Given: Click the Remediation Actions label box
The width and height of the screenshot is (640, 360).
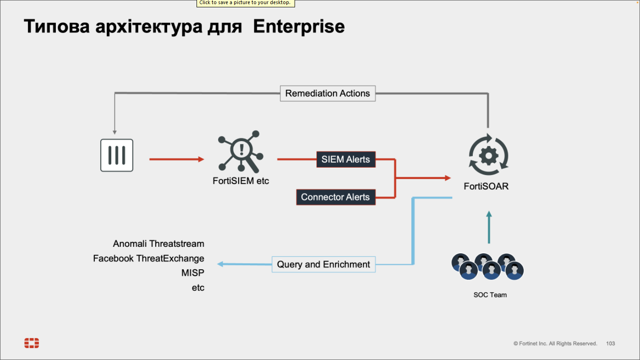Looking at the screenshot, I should click(328, 93).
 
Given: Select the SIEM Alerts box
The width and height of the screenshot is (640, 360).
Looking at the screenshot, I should click(346, 159).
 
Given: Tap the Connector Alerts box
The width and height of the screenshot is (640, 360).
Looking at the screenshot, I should click(335, 197).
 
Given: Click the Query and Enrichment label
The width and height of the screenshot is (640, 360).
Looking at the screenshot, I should click(323, 264).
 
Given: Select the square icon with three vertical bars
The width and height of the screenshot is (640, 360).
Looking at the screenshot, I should click(117, 155).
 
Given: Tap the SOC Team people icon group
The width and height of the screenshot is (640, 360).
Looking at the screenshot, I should click(487, 267).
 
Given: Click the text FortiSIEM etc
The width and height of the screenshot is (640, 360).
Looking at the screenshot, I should click(241, 181).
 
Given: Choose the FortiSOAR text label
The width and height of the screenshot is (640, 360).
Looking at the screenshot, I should click(486, 186).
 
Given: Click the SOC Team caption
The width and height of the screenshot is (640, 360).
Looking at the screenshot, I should click(490, 295).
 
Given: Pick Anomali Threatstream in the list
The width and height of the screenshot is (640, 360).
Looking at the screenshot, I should click(159, 244).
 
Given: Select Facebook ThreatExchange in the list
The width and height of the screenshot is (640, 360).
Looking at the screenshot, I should click(148, 258).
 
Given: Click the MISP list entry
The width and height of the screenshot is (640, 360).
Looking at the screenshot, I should click(192, 273).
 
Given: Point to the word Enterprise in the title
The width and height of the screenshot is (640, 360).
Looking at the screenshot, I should click(299, 27).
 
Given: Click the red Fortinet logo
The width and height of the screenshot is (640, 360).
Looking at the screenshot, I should click(32, 343).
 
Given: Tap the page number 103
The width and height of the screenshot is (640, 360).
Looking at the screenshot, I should click(610, 344).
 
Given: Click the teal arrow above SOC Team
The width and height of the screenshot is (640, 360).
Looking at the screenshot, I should click(489, 227).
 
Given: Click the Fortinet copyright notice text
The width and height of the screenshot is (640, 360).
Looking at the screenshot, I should click(555, 344).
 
